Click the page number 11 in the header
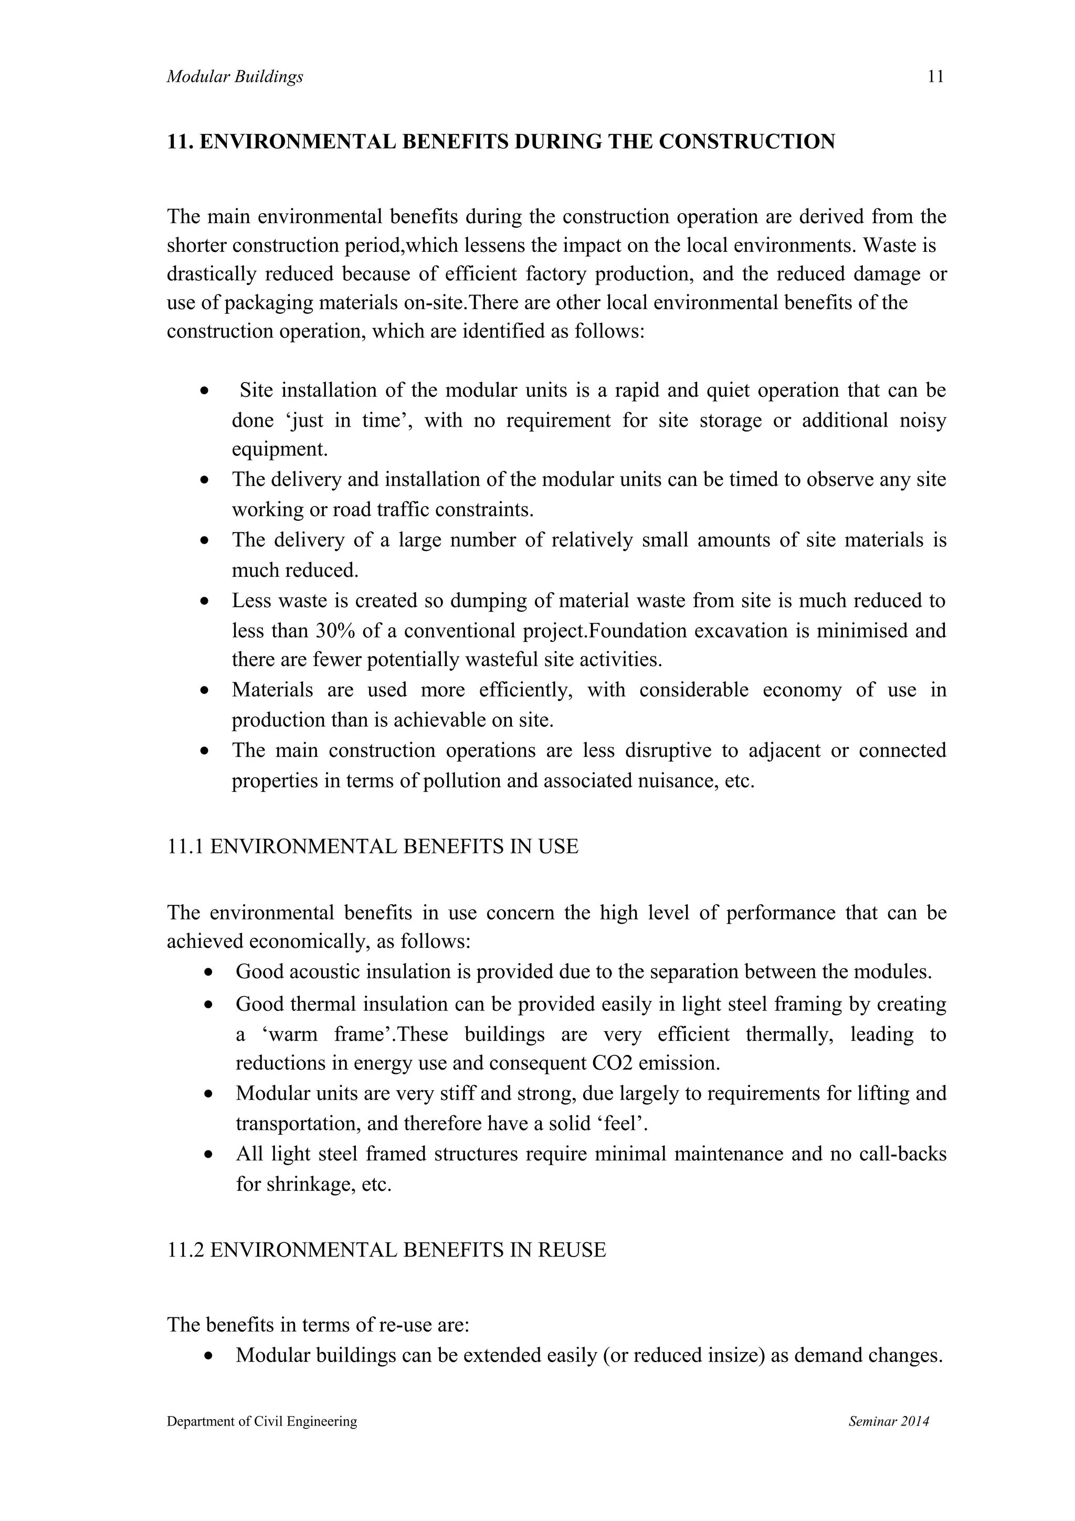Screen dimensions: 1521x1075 point(935,77)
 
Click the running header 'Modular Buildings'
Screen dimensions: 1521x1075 point(235,77)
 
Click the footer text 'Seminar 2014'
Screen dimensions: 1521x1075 point(888,1421)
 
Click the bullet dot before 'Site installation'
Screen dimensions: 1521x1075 point(205,391)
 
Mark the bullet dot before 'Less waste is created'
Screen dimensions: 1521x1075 point(205,601)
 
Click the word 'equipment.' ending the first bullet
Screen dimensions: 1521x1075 point(280,449)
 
